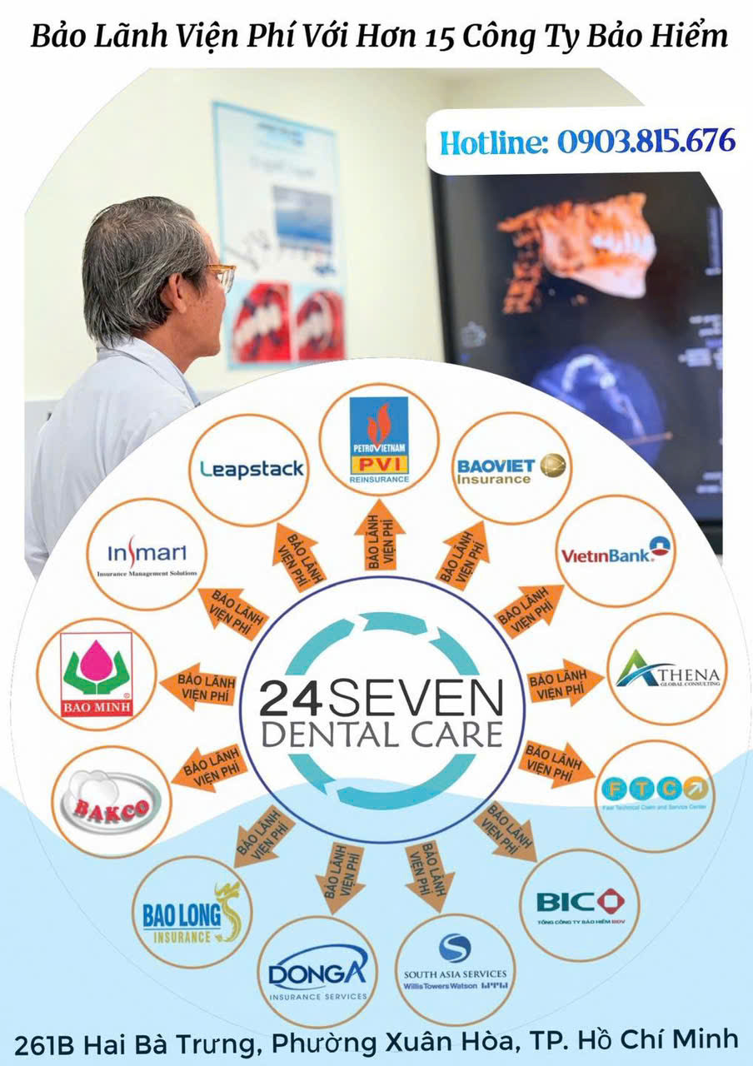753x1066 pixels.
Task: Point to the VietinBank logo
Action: coord(616,550)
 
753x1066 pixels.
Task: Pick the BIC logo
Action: coord(579,904)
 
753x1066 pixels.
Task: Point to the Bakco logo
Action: coord(112,801)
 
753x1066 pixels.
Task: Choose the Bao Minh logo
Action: coord(97,674)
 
